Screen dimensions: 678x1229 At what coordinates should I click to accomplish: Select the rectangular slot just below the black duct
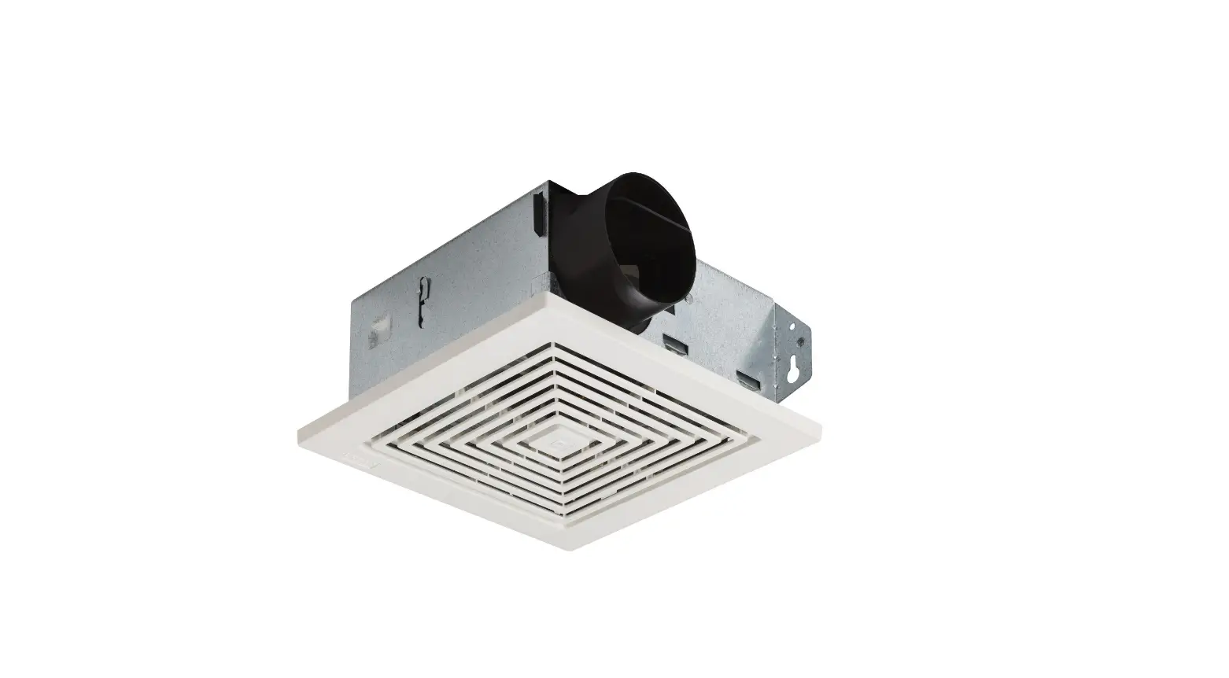[x=672, y=344]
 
